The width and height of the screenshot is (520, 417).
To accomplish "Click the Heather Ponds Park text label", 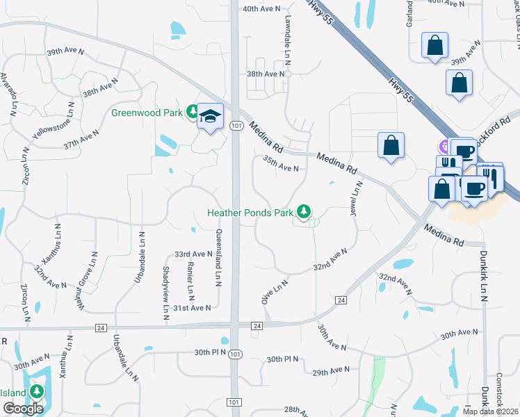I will (x=250, y=213).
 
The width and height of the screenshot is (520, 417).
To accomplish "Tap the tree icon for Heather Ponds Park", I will (x=303, y=211).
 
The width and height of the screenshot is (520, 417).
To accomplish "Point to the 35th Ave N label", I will (x=280, y=169).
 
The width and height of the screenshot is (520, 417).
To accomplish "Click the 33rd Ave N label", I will (x=193, y=255).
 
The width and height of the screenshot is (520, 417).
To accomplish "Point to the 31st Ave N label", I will (x=192, y=307).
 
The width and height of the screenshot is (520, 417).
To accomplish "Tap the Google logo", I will (x=23, y=409).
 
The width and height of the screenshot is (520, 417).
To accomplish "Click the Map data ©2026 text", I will (x=491, y=411).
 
